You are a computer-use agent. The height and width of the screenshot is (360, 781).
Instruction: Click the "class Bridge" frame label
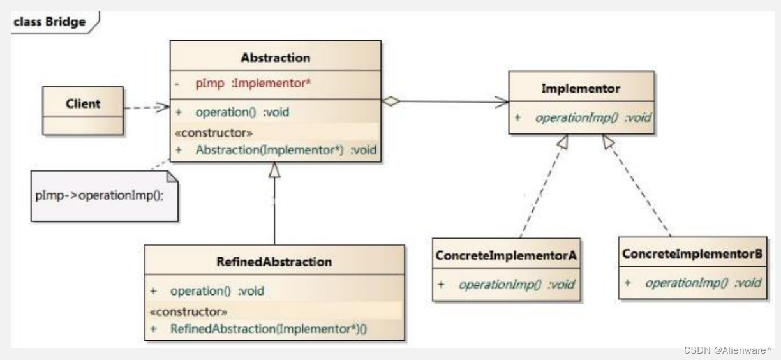pos(50,22)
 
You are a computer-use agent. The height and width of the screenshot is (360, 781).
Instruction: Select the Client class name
pos(83,103)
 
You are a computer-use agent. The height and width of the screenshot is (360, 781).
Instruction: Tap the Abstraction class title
pos(276,57)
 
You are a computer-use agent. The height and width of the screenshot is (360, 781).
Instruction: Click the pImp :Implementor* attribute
pos(253,84)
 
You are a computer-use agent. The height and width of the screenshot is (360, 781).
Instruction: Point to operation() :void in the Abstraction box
pos(242,112)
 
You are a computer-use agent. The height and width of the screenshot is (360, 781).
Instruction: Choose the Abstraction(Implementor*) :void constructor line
pos(286,150)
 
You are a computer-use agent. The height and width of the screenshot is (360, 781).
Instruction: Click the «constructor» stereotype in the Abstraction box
pos(214,133)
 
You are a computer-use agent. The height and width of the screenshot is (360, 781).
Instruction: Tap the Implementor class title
pos(581,89)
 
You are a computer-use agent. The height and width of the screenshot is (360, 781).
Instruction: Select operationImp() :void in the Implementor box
pos(593,117)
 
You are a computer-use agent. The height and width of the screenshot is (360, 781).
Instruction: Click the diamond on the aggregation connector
pos(391,101)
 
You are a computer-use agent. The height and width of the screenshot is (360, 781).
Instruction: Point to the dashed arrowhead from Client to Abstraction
pos(163,107)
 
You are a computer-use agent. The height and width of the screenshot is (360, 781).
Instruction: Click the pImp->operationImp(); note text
pos(100,195)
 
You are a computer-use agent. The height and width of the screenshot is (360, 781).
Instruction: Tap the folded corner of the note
pos(172,177)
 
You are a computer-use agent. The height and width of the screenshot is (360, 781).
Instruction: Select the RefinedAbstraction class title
pos(274,262)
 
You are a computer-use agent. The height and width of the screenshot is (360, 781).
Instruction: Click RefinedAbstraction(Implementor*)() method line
pos(269,329)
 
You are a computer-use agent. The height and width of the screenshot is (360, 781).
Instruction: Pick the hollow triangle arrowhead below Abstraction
pos(274,170)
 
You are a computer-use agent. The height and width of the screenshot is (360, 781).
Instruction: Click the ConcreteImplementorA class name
pos(506,255)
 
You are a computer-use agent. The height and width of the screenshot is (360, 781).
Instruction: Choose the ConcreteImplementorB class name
pos(692,253)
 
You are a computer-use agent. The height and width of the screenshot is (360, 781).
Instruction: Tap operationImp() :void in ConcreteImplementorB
pos(703,283)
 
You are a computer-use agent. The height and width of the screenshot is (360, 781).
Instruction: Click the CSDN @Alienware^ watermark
pos(727,350)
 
